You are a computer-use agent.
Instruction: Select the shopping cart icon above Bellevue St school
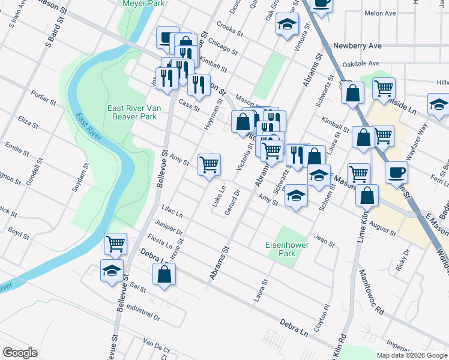coord(115,244)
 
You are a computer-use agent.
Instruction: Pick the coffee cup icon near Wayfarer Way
coord(396,172)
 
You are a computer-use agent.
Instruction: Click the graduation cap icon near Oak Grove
coord(288,25)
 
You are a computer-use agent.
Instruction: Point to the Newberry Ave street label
coord(358,46)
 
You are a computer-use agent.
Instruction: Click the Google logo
coord(20,353)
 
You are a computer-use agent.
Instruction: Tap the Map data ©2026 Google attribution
coord(411,355)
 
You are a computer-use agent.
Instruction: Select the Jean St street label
coord(324,241)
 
